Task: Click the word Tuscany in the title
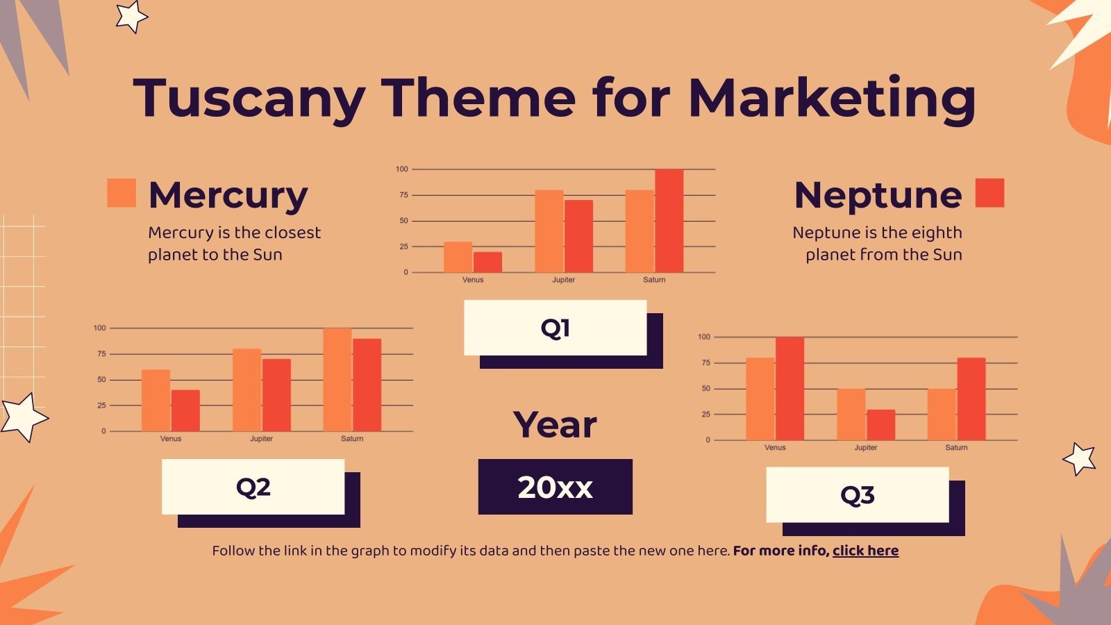coord(249,99)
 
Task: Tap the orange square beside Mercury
coord(122,193)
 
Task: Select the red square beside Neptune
coord(989,193)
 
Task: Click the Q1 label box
coord(555,328)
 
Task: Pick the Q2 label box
coord(253,487)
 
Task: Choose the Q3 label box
coord(857,494)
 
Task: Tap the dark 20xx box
coord(555,487)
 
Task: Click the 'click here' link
coord(865,551)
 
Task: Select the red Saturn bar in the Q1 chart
coord(669,221)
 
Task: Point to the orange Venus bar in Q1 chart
coord(458,257)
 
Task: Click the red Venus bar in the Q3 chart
coord(790,388)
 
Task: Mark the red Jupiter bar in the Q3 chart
coord(880,425)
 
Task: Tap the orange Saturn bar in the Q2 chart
coord(337,380)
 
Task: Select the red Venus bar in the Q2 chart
coord(185,410)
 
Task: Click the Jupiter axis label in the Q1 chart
coord(563,280)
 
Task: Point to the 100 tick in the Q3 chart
coord(704,337)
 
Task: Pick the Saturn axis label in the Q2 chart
coord(352,439)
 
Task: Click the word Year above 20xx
coord(555,425)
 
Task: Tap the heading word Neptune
coord(878,195)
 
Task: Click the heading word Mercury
coord(228,195)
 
